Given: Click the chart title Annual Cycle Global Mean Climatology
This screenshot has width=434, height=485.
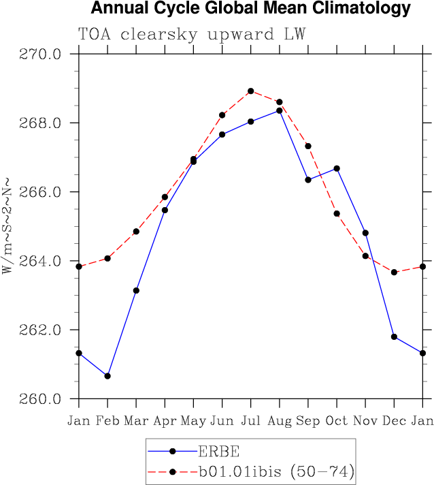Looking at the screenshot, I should (250, 9).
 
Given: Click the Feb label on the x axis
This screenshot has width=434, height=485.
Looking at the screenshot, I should (107, 421).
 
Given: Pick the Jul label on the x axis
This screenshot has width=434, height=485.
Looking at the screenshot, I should (251, 421).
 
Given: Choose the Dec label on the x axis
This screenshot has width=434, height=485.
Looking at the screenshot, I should (394, 421).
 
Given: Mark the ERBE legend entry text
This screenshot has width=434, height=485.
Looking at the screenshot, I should (220, 451).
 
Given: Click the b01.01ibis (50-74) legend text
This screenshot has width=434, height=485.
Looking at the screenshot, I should (275, 471).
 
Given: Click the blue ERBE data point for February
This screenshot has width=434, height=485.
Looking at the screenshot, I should (107, 376).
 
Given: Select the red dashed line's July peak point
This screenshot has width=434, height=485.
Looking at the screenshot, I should (251, 91).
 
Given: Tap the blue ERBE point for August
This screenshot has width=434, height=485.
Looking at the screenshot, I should (280, 110).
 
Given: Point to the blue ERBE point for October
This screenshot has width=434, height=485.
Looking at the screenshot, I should (337, 168).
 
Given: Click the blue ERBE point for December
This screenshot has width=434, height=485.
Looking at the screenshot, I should (394, 337).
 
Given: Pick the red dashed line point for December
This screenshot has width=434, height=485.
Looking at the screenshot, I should (394, 272).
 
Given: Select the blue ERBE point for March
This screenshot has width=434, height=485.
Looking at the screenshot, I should (136, 290).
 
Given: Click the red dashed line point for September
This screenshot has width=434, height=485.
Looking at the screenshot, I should (308, 146).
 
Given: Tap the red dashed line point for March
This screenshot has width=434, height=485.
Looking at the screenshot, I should (136, 232).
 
